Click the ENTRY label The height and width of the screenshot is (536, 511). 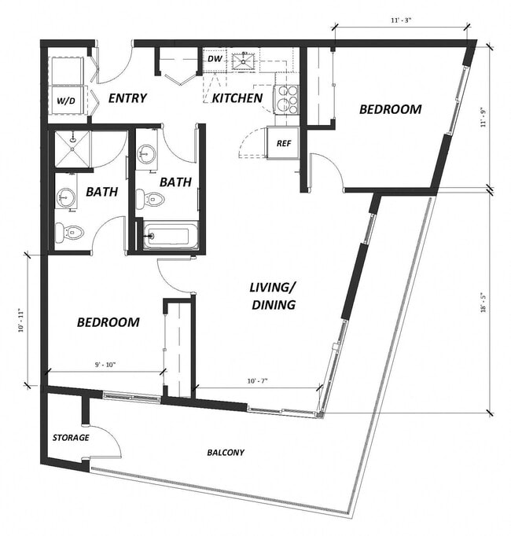(x=127, y=98)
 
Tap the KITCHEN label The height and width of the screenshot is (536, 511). (x=237, y=98)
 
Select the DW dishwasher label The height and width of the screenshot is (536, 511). (x=215, y=58)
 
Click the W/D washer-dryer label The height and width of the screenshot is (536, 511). (x=66, y=100)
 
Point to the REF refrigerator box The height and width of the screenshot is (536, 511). (x=283, y=144)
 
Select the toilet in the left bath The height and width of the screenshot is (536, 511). (x=71, y=232)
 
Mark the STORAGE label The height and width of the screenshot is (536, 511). (x=71, y=438)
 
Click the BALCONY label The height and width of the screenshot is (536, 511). (x=226, y=453)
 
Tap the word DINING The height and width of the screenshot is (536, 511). (x=274, y=304)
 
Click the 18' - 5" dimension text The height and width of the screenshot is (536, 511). (x=483, y=303)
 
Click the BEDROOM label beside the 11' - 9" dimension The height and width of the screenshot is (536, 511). (x=390, y=109)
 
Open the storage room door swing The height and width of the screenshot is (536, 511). (x=108, y=440)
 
